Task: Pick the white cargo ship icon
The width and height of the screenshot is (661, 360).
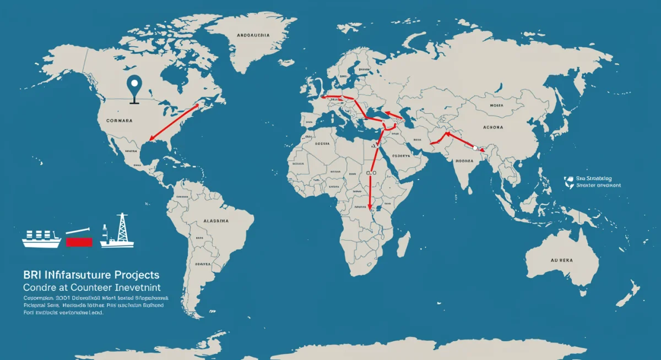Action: click(41, 238)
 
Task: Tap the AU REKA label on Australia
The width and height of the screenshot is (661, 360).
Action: click(562, 261)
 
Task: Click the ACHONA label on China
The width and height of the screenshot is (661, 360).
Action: click(491, 127)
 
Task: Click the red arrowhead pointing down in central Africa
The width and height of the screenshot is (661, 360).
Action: click(370, 208)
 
